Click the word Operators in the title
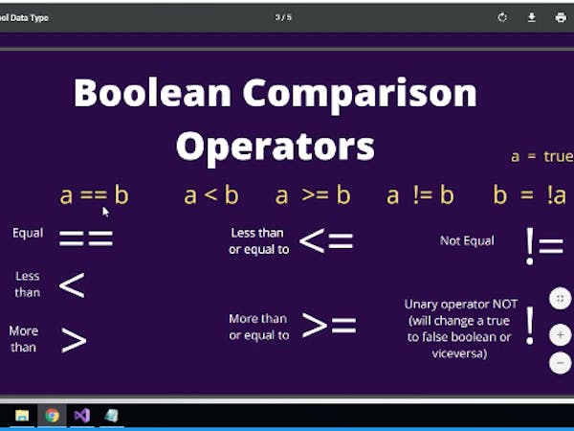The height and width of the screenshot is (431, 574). [275, 146]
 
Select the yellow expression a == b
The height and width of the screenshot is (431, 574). [94, 195]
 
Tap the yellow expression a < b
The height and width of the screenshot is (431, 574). [210, 195]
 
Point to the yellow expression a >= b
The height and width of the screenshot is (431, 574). [313, 195]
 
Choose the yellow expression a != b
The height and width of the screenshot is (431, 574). [420, 195]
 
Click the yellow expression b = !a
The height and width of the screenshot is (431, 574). [530, 195]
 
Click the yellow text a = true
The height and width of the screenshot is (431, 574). [541, 156]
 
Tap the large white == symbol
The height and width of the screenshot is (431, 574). [86, 238]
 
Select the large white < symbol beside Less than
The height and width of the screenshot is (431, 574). [72, 284]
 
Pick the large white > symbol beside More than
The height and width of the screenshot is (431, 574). [74, 339]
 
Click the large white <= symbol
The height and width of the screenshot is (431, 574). [326, 240]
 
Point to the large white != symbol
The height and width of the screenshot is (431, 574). [543, 246]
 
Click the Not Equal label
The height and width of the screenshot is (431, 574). [467, 240]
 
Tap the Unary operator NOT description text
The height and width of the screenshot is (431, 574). [458, 329]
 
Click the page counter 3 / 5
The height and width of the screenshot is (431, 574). [283, 17]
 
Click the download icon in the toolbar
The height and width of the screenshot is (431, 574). [531, 17]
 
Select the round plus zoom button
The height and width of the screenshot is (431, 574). [560, 335]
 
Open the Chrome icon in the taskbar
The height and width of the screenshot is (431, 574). [52, 415]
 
